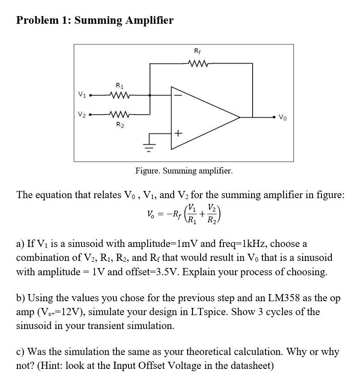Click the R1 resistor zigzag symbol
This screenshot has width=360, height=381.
click(x=119, y=95)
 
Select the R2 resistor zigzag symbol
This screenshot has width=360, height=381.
click(x=119, y=114)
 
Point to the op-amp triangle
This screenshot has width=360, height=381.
click(x=204, y=114)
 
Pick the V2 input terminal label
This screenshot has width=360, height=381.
click(x=81, y=114)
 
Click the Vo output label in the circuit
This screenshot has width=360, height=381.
click(x=283, y=118)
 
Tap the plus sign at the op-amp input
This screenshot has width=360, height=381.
click(x=178, y=133)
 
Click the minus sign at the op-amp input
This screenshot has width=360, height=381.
click(x=178, y=95)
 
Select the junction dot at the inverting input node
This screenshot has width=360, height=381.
click(x=150, y=95)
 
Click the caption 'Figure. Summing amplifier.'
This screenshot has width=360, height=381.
click(x=184, y=171)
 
